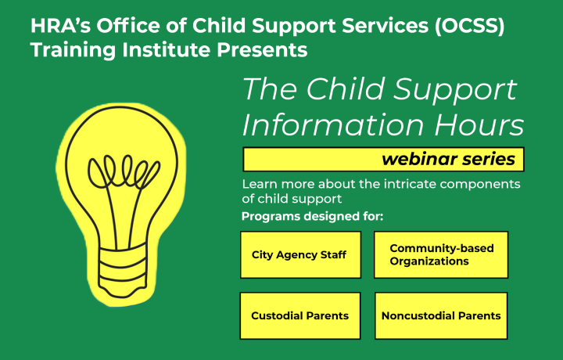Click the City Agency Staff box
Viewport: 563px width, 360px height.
click(x=300, y=254)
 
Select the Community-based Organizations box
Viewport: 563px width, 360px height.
click(x=441, y=254)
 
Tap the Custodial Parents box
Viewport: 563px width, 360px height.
click(x=300, y=316)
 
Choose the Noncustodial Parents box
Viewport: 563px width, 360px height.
click(x=441, y=316)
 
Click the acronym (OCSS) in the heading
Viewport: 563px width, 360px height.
click(x=469, y=26)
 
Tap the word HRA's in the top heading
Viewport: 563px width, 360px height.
click(x=61, y=26)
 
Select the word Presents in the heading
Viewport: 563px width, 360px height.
click(x=262, y=49)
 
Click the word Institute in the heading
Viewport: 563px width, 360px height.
click(x=167, y=49)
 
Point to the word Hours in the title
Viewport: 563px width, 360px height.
click(x=479, y=124)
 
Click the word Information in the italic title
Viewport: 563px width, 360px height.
click(x=334, y=124)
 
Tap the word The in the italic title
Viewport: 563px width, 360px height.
click(x=270, y=88)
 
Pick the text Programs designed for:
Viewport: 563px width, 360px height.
click(x=312, y=216)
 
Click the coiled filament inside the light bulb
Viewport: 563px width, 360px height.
click(x=124, y=171)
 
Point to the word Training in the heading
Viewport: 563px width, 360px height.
click(x=73, y=50)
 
